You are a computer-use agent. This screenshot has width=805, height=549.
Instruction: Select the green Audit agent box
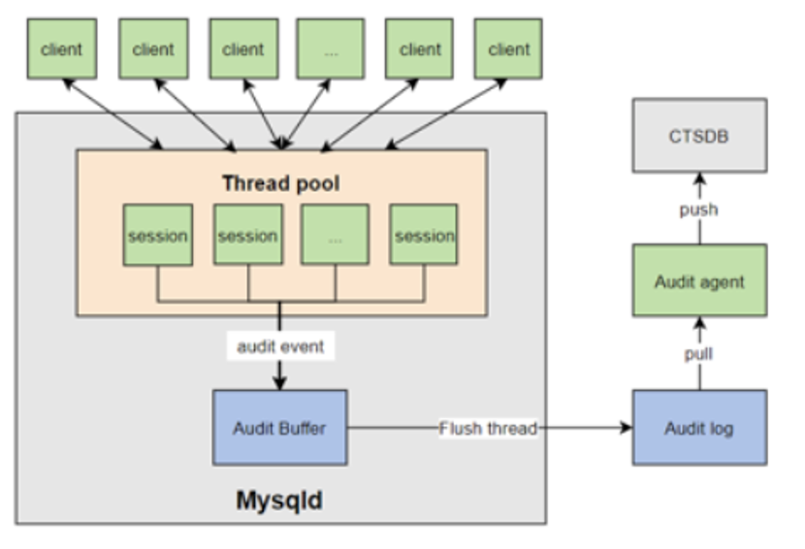(698, 281)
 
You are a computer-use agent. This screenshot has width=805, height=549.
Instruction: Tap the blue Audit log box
(698, 427)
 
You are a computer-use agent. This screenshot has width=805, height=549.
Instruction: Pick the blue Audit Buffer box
(279, 427)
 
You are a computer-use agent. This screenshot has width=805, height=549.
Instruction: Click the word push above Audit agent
(698, 209)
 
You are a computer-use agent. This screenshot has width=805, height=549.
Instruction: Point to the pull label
(698, 354)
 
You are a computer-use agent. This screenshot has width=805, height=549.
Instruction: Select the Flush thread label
(488, 428)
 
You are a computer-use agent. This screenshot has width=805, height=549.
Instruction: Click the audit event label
(280, 347)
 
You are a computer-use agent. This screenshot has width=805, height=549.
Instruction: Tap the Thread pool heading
(280, 183)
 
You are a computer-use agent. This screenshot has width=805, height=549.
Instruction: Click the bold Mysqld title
(279, 501)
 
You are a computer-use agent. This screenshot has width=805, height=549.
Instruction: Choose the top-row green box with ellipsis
(331, 48)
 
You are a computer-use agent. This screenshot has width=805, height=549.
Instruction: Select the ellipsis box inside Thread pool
(335, 235)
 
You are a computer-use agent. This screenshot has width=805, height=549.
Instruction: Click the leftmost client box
(62, 48)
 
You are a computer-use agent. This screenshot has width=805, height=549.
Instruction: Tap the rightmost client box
(508, 48)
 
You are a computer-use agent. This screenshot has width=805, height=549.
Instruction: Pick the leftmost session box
(157, 235)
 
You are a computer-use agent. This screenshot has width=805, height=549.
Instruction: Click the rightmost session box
(423, 235)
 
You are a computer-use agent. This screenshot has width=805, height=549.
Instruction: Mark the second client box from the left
(153, 48)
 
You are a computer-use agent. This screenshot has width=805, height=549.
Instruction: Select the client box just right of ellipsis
(419, 48)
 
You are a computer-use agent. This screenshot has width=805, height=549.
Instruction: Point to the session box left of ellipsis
(247, 235)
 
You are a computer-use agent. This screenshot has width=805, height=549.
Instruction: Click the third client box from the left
(242, 48)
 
